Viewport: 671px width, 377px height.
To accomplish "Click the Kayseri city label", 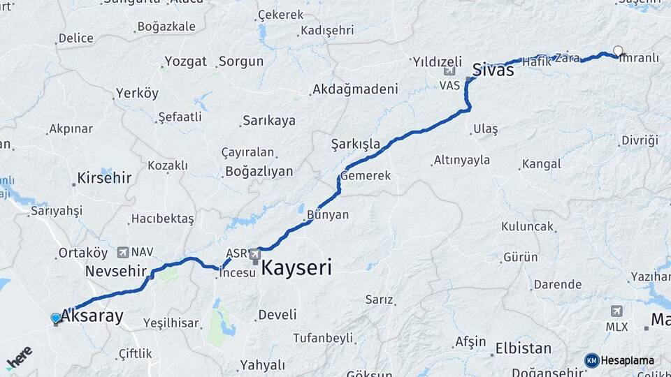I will (x=296, y=267).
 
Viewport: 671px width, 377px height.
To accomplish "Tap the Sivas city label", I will (x=493, y=70).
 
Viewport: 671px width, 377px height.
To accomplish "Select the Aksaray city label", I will (x=92, y=316).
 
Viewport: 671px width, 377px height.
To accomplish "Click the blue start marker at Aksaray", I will (x=56, y=318).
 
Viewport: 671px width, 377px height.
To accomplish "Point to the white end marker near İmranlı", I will (x=618, y=50).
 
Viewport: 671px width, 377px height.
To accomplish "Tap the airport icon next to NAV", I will (x=124, y=251).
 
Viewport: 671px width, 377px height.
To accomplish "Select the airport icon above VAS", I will (x=449, y=72).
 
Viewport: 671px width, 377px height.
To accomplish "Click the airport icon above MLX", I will (x=616, y=311).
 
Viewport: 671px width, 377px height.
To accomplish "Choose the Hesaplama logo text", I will (x=628, y=360).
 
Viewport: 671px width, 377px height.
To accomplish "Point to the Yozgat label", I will (x=185, y=61).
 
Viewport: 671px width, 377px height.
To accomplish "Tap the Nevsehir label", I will (x=116, y=271).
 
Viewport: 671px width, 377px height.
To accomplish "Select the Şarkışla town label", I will (x=356, y=145).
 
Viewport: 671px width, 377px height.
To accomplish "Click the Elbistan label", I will (x=524, y=348).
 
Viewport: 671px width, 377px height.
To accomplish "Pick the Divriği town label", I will (x=640, y=140).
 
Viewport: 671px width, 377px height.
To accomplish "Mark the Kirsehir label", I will (x=105, y=177).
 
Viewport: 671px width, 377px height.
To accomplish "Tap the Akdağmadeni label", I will (x=355, y=89).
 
